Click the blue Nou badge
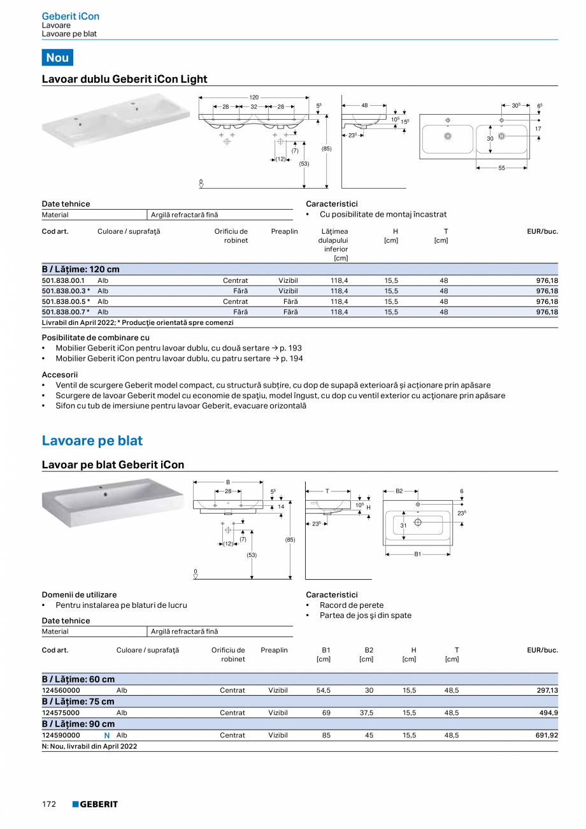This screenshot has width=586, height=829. click(57, 57)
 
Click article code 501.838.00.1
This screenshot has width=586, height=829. click(63, 280)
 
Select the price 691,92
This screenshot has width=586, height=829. click(543, 735)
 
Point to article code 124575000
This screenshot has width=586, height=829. click(61, 713)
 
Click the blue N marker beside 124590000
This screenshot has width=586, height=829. click(107, 735)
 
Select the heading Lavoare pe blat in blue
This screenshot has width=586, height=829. click(92, 441)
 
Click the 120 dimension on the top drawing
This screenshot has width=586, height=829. click(254, 97)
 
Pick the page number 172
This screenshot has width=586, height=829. click(49, 804)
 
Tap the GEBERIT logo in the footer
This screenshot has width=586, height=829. click(95, 804)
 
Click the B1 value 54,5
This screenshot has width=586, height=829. click(324, 691)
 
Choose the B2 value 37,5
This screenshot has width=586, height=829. click(367, 713)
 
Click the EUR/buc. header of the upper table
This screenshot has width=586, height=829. click(542, 231)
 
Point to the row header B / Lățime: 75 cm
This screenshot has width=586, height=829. click(78, 702)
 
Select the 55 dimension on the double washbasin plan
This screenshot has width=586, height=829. click(502, 168)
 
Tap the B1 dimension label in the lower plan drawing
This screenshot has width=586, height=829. click(418, 554)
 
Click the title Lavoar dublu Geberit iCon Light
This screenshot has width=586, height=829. click(124, 79)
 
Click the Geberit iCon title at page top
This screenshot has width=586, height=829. click(70, 16)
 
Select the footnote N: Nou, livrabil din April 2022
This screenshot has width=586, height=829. click(89, 746)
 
